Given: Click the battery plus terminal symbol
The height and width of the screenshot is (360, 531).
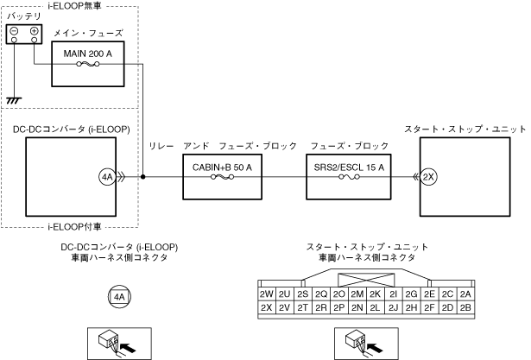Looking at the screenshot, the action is tap(35, 31).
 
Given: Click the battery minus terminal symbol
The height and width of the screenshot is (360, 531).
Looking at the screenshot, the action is tap(14, 31).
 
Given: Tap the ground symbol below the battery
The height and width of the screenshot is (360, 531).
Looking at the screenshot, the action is tap(14, 100).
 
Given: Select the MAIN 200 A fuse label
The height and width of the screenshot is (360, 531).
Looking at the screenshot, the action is tap(88, 54).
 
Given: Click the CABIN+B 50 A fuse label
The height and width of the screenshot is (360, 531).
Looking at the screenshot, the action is tap(222, 167).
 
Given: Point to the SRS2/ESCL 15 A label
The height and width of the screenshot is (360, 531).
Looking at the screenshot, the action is tap(349, 167).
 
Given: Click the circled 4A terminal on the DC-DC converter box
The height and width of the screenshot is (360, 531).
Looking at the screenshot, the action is tap(107, 177).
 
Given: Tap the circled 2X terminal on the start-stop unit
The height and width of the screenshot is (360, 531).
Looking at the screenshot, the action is tap(428, 177).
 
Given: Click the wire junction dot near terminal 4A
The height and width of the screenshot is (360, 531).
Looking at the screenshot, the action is tap(143, 177).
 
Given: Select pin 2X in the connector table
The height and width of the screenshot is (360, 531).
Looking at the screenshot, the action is tap(267, 307).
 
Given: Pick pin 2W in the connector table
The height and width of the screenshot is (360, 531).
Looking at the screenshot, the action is tap(267, 294).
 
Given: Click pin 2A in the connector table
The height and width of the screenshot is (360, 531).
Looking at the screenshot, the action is tap(465, 294).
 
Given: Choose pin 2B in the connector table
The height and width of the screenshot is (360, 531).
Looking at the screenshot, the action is tap(465, 307).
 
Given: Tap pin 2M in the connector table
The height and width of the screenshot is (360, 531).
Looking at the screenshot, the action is tap(357, 294).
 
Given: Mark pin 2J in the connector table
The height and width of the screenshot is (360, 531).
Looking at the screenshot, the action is tap(393, 307).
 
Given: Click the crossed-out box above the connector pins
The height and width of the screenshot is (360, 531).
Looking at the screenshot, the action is tap(366, 280).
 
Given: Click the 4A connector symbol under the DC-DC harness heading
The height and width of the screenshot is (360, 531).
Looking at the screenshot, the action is tap(119, 297).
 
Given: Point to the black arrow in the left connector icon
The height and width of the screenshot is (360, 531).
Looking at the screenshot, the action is tap(129, 347).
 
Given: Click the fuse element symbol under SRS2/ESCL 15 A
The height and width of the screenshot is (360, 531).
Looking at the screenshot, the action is tap(349, 177).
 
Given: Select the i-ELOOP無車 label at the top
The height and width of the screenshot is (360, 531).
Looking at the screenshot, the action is tap(74, 6).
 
